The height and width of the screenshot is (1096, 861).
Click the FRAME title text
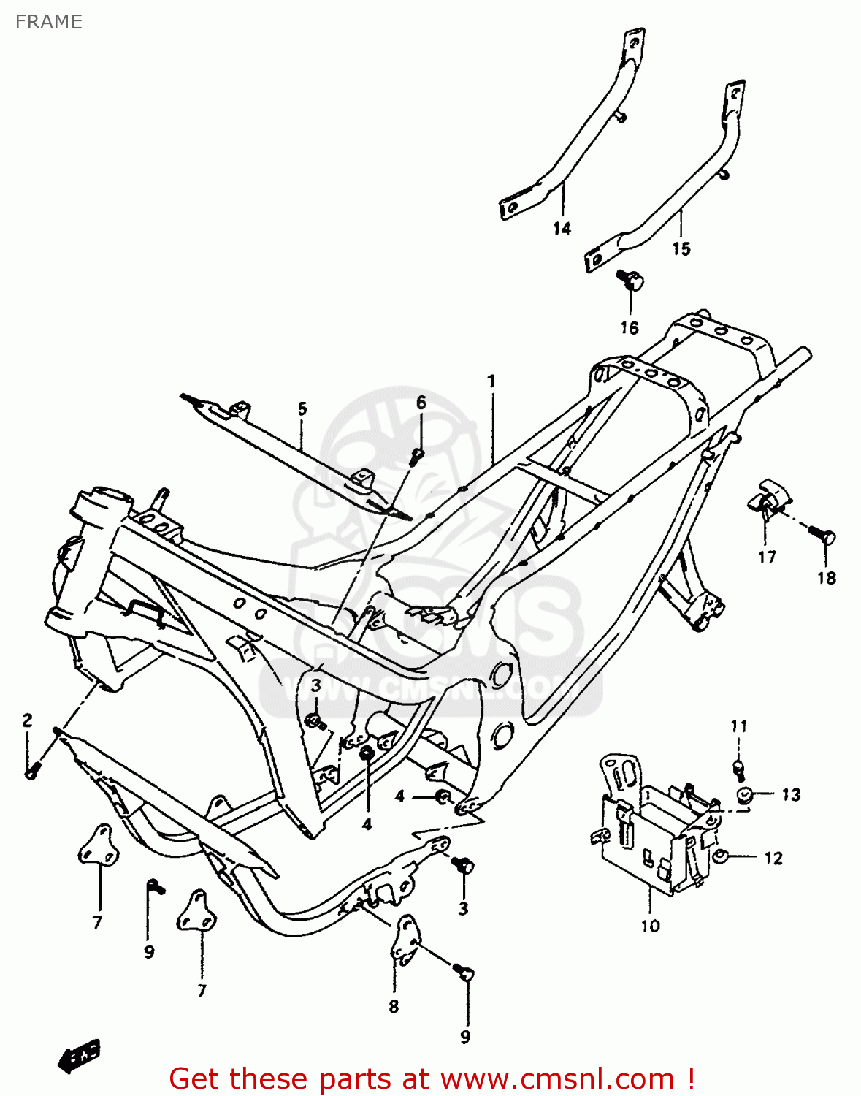48,22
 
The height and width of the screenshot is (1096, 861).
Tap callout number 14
561,229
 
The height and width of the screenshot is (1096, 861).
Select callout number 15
681,248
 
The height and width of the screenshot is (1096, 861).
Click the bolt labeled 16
631,281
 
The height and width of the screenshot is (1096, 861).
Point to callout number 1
491,381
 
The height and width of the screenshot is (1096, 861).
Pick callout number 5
302,408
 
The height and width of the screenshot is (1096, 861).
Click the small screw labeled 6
417,456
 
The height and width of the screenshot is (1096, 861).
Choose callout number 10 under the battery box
650,925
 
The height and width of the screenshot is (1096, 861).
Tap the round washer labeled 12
720,857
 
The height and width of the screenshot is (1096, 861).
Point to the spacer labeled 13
745,796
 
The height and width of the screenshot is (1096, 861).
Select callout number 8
394,1006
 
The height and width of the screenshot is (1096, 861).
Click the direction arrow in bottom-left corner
80,1056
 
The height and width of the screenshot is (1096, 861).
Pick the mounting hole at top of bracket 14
635,44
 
